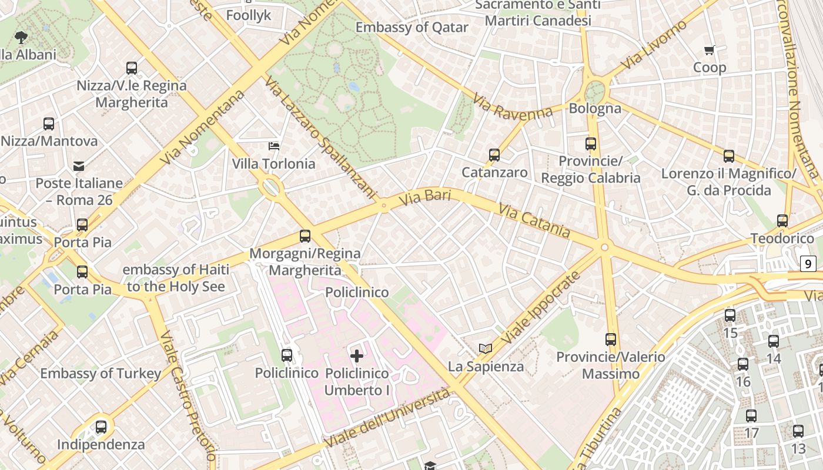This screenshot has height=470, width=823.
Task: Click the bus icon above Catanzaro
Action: (x=494, y=155)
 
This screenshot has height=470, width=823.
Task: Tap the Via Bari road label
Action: (x=424, y=198)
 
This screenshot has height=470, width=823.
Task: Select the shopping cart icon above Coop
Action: (x=709, y=51)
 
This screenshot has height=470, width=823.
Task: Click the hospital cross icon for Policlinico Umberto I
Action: (x=357, y=355)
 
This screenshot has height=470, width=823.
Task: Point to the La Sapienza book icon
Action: (x=485, y=349)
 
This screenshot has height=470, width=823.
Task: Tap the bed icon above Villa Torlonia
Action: (x=273, y=146)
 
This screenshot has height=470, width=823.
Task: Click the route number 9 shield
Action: (x=808, y=264)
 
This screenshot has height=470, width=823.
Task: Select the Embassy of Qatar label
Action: (x=411, y=28)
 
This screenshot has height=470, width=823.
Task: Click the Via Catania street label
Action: (x=534, y=221)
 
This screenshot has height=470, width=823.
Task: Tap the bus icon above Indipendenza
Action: (x=101, y=427)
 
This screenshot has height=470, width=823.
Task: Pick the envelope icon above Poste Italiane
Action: (x=79, y=166)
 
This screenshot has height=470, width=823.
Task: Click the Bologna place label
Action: (x=595, y=109)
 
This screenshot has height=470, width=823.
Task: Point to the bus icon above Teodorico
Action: (x=782, y=221)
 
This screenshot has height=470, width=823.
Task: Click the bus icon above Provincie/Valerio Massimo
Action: (x=611, y=339)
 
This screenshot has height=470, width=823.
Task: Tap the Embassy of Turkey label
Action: (x=101, y=373)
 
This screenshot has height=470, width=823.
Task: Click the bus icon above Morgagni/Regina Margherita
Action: (x=305, y=236)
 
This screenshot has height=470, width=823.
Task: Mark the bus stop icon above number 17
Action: (x=751, y=416)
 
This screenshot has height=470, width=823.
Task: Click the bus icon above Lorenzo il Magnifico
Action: (x=729, y=156)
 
